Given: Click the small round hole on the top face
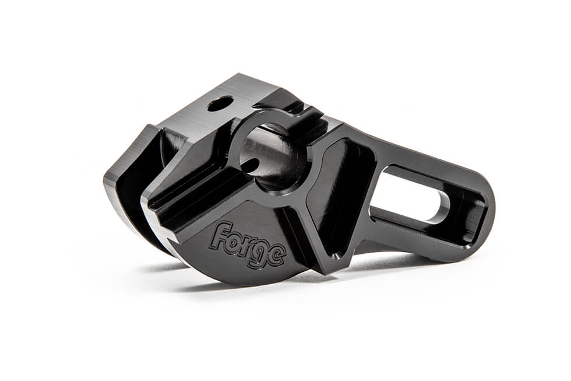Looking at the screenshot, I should (x=220, y=104).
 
